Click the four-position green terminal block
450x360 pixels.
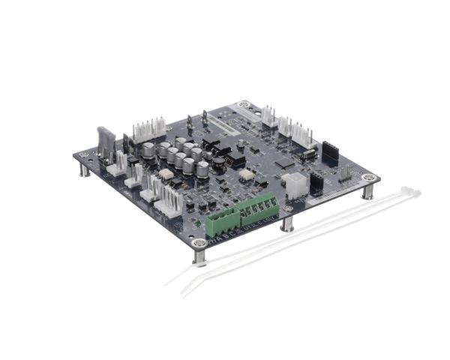click(223, 219)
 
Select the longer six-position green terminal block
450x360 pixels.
click(259, 206)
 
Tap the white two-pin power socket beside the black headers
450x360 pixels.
click(294, 182)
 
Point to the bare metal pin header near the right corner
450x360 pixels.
click(344, 174)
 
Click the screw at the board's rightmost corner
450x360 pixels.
click(368, 178)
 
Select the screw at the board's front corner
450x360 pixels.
click(199, 243)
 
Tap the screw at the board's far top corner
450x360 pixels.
click(243, 105)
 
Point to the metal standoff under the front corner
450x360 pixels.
click(199, 256)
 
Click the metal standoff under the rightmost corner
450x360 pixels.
click(367, 191)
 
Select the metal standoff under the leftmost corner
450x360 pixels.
click(85, 169)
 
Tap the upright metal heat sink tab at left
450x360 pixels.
click(106, 143)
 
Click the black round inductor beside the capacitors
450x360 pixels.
click(219, 163)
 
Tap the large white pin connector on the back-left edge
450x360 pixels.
click(148, 131)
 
